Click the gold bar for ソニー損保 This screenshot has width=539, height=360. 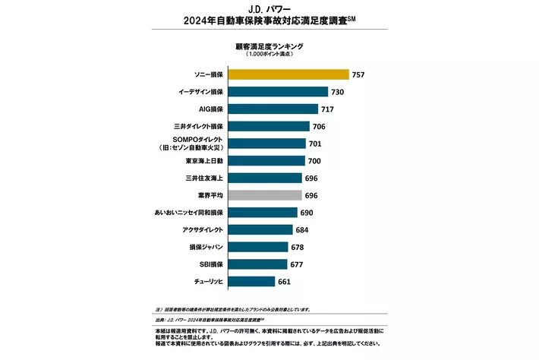[288, 74]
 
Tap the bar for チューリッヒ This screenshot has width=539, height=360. [251, 281]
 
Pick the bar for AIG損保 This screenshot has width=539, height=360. [273, 109]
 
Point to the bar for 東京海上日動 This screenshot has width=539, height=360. [266, 160]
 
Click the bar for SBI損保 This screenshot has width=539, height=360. [257, 264]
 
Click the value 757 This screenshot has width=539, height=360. [359, 74]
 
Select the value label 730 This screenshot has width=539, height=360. [339, 92]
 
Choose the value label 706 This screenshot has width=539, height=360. [320, 126]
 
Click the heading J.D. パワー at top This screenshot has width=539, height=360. [269, 9]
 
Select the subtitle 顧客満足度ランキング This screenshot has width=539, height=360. [269, 46]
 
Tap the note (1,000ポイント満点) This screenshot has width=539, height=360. [269, 55]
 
